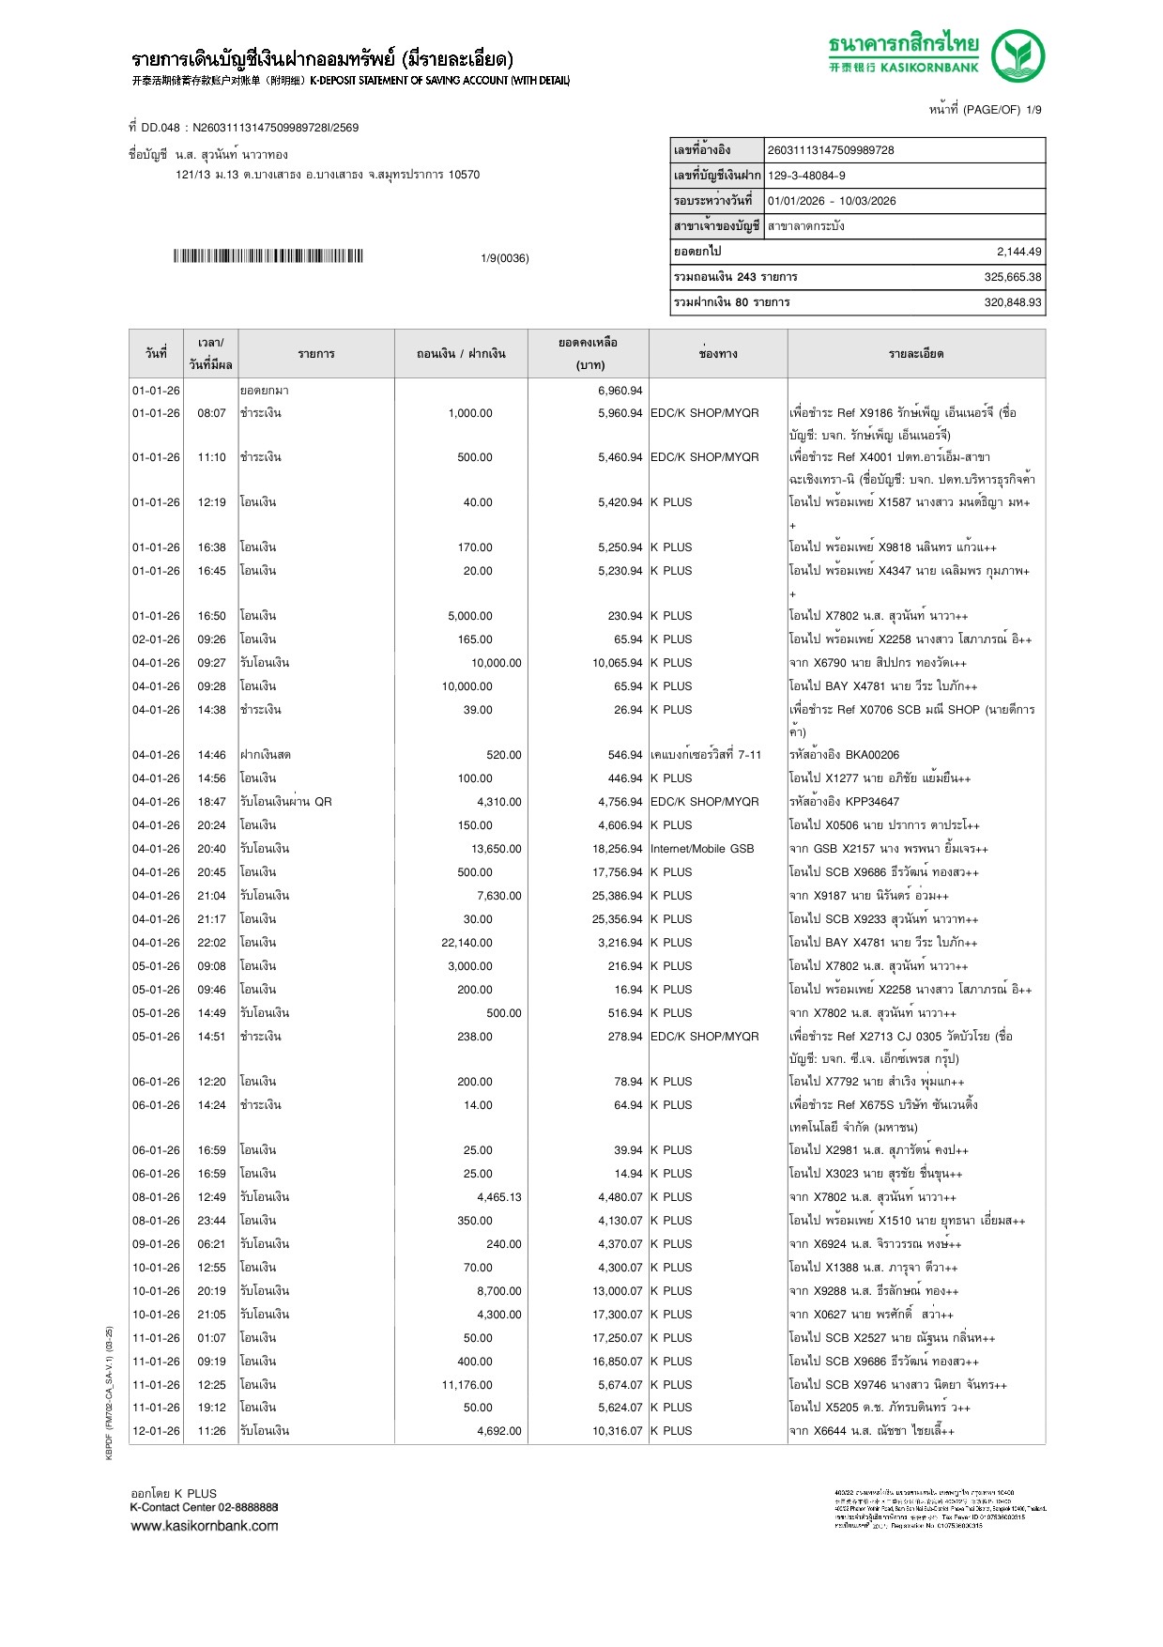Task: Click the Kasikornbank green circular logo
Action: point(1018,55)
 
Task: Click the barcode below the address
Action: point(268,256)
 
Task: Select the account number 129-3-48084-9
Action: point(806,176)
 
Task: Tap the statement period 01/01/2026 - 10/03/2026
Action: point(832,201)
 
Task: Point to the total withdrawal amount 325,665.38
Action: point(1013,277)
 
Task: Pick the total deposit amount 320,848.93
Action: point(1013,302)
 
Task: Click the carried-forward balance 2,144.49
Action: point(1018,252)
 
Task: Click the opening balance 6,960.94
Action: point(620,391)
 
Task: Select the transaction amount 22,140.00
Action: point(467,943)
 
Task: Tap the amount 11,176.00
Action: point(467,1385)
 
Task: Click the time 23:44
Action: point(211,1221)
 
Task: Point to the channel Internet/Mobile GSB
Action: point(702,849)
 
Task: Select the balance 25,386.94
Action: point(617,896)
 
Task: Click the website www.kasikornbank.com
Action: point(205,1526)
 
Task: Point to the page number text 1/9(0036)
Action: point(504,258)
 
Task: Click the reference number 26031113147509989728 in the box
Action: point(831,150)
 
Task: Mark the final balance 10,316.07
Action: point(617,1431)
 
